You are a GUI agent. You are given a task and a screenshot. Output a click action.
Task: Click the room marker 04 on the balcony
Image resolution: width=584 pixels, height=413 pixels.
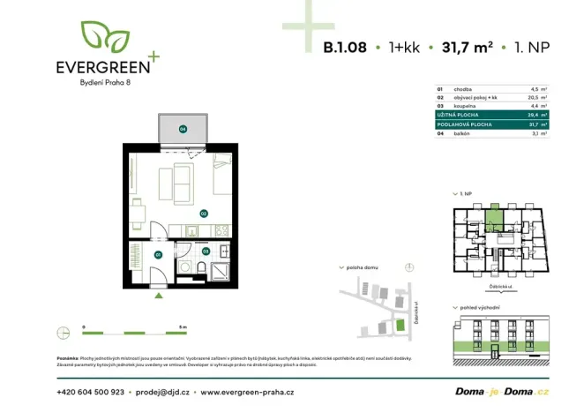(183, 129)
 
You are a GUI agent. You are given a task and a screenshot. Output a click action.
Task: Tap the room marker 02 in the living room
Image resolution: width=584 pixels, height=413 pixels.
(203, 213)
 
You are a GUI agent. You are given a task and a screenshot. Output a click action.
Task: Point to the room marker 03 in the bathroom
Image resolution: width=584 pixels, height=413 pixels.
(206, 251)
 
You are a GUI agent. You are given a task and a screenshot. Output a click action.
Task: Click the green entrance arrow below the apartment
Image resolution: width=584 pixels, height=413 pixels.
(158, 296)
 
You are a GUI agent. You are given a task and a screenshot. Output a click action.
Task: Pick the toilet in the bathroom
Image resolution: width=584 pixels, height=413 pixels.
(203, 268)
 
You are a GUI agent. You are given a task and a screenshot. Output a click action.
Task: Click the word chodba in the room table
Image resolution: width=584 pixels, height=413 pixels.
(462, 89)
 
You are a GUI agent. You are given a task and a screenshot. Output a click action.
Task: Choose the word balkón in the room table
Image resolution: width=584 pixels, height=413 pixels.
(461, 133)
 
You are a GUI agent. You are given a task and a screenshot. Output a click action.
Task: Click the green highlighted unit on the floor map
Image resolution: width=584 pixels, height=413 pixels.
(495, 215)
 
